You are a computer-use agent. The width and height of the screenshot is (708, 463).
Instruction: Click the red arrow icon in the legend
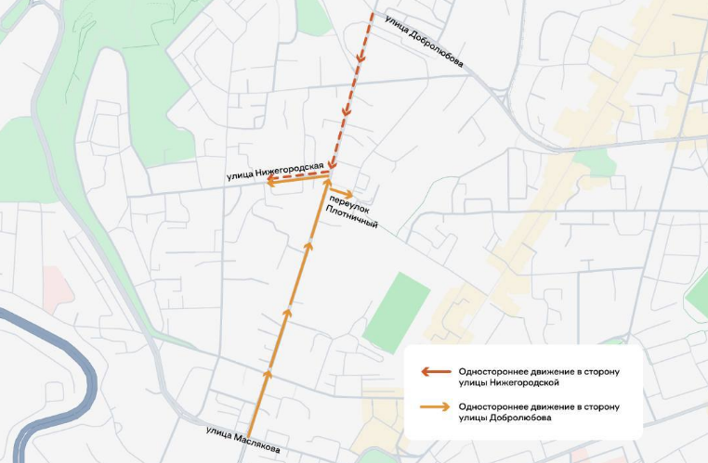[x=434, y=371]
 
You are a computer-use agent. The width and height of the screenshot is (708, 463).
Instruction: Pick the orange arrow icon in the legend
[x=434, y=407]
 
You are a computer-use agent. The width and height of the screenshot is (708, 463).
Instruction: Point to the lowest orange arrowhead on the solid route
[x=268, y=374]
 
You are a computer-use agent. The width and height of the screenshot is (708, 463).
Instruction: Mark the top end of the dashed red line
[x=373, y=15]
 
